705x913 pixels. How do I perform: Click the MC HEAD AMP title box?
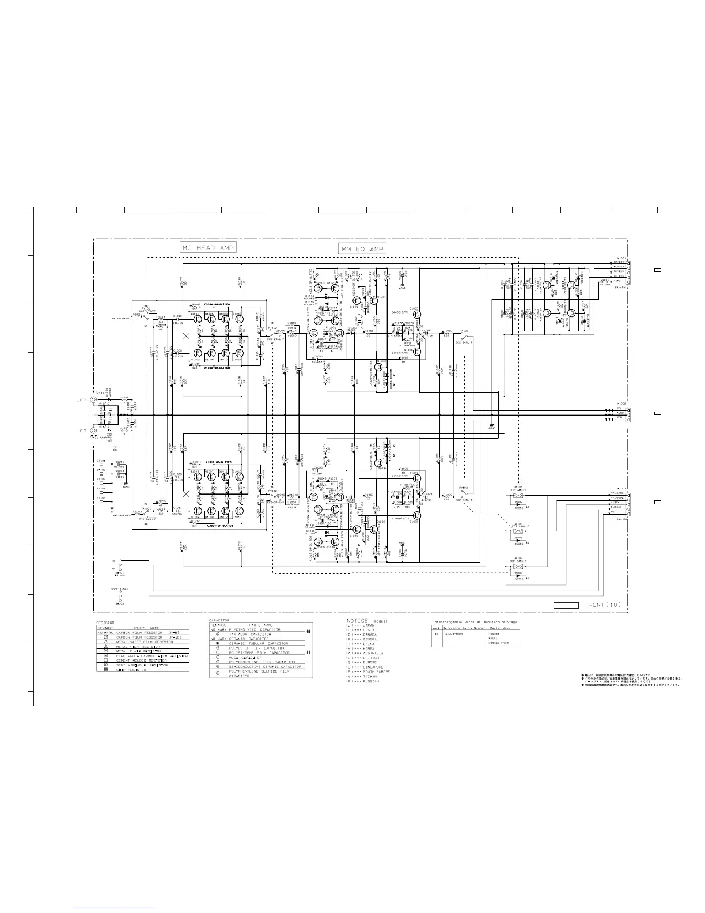[x=208, y=247]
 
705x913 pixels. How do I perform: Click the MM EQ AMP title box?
[x=362, y=248]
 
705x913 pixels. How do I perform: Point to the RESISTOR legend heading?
[x=105, y=622]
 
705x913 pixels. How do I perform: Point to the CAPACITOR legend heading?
[x=219, y=620]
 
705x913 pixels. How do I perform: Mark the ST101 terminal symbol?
[x=101, y=462]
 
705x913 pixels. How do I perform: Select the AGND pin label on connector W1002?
[x=620, y=413]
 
